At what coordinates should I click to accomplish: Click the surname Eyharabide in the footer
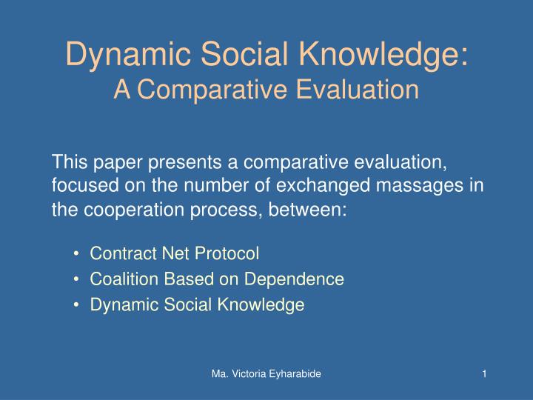pos(292,375)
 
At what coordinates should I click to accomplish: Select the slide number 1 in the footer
pos(483,375)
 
